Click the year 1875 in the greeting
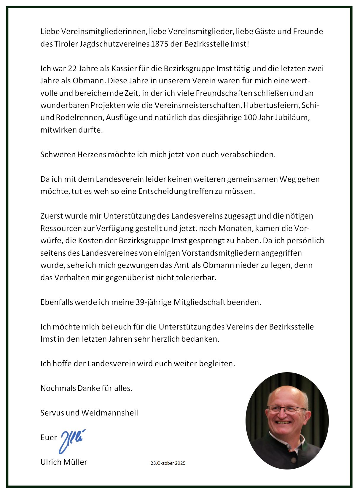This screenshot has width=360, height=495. (x=159, y=44)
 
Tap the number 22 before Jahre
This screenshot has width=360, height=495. (x=73, y=69)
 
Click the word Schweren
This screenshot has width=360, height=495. (x=58, y=155)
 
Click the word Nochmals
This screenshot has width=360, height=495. (x=58, y=388)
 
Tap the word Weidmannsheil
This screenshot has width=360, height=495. (x=110, y=413)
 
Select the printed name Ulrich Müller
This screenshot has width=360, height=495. (x=64, y=462)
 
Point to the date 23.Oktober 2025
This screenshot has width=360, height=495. (x=168, y=463)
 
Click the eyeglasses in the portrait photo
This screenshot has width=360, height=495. (x=286, y=410)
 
